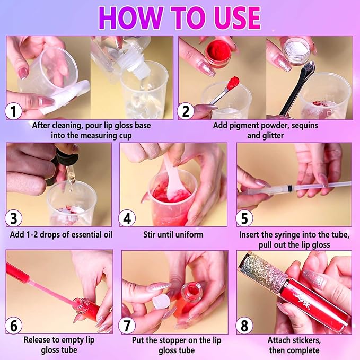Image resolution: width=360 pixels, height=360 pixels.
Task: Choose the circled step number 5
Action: pyautogui.click(x=244, y=218)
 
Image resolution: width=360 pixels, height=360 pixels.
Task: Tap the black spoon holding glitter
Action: pyautogui.click(x=297, y=87)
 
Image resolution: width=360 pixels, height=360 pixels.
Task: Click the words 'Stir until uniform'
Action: pyautogui.click(x=173, y=234)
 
